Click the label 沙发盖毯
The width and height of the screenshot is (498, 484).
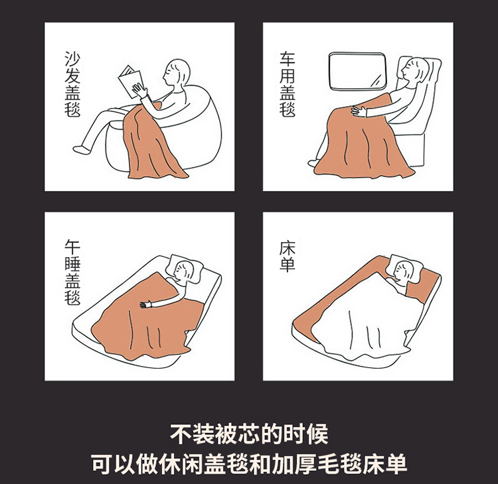coord(72,84)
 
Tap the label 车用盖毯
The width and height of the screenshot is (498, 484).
coord(288,84)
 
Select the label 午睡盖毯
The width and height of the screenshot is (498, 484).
coord(72,272)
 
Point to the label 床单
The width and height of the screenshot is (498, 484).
coord(288,257)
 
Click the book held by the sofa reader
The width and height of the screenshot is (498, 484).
coord(131,82)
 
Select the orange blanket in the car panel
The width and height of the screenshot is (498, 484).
coord(362,139)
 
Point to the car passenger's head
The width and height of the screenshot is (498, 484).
coord(414,69)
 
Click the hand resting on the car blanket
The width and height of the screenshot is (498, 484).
coord(358,110)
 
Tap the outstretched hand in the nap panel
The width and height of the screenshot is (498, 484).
coord(147,304)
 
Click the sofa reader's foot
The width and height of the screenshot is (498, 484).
coord(80,149)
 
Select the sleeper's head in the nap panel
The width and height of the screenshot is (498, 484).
coord(183,271)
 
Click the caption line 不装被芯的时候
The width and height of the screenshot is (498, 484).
coord(249,434)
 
